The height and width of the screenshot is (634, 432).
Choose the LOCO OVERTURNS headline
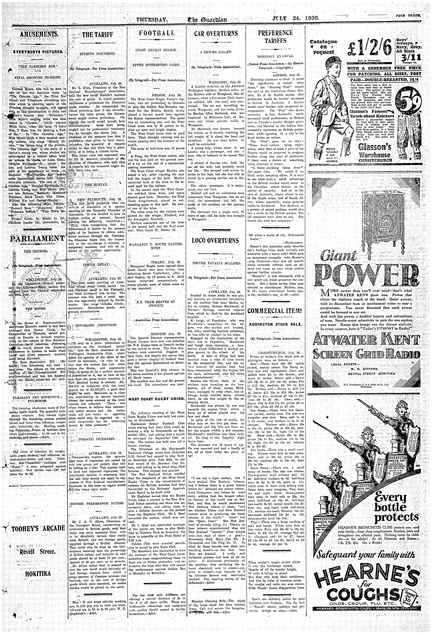coord(215,241)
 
